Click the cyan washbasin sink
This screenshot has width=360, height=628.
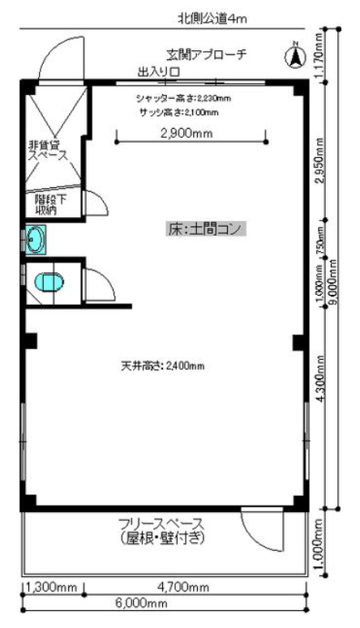point(36,241)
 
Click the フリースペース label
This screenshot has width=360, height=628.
point(162,530)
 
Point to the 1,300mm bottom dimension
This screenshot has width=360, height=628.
point(52,586)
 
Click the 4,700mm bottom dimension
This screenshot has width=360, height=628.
point(193,586)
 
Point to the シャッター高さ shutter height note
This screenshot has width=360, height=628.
point(184,99)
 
